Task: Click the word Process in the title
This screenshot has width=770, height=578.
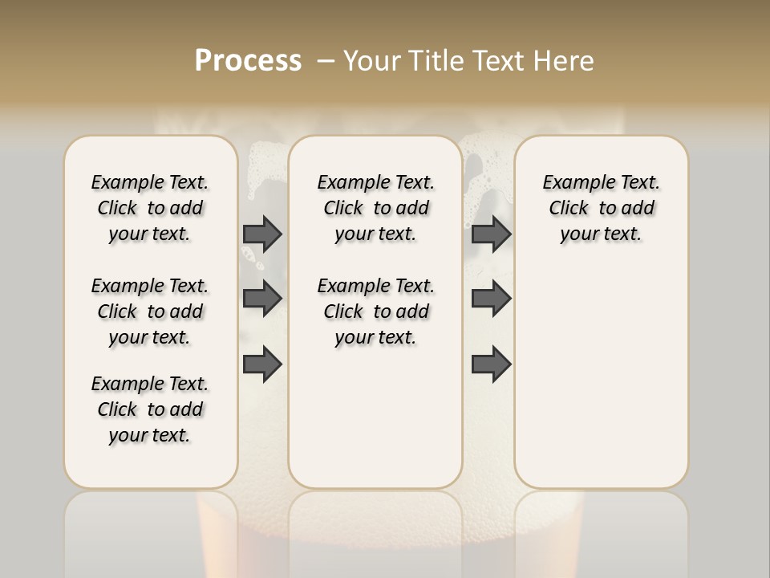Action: pyautogui.click(x=248, y=61)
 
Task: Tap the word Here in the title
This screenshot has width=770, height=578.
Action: pyautogui.click(x=565, y=61)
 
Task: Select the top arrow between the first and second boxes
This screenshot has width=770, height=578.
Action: pyautogui.click(x=262, y=234)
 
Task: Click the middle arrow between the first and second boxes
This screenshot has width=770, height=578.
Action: pyautogui.click(x=262, y=299)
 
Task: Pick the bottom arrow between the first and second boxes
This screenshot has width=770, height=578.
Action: pyautogui.click(x=262, y=364)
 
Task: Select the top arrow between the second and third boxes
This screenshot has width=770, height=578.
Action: pyautogui.click(x=491, y=234)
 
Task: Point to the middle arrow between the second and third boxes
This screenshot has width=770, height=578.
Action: pyautogui.click(x=491, y=299)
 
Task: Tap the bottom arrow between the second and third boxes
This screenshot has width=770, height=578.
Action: pyautogui.click(x=491, y=364)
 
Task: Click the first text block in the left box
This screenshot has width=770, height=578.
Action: pyautogui.click(x=150, y=208)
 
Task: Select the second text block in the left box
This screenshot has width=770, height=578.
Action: pyautogui.click(x=150, y=311)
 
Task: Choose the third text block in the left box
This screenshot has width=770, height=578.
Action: pyautogui.click(x=150, y=409)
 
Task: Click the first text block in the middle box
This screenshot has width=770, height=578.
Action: pyautogui.click(x=375, y=208)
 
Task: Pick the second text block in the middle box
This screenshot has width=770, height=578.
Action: pyautogui.click(x=375, y=311)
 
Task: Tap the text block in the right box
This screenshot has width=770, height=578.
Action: pyautogui.click(x=601, y=208)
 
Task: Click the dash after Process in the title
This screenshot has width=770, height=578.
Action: pyautogui.click(x=326, y=61)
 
